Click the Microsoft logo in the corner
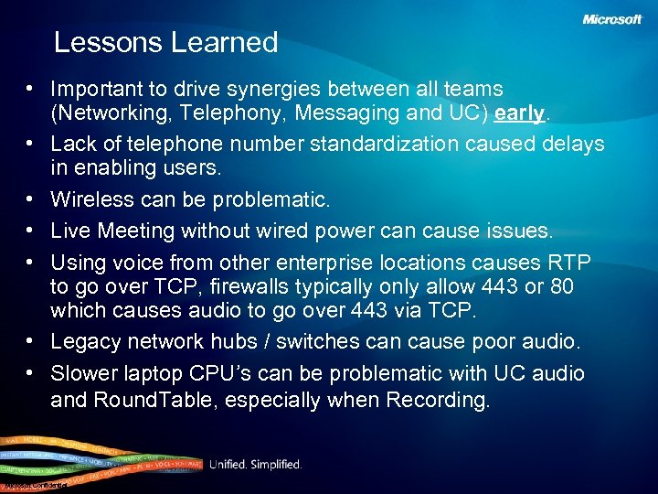click(x=611, y=19)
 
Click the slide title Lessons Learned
click(x=165, y=42)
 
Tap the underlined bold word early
click(x=519, y=113)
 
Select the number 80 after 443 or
click(x=562, y=286)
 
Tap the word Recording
click(x=439, y=400)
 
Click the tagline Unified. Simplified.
click(x=255, y=465)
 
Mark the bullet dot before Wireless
click(x=31, y=199)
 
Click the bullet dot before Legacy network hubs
click(x=31, y=341)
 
